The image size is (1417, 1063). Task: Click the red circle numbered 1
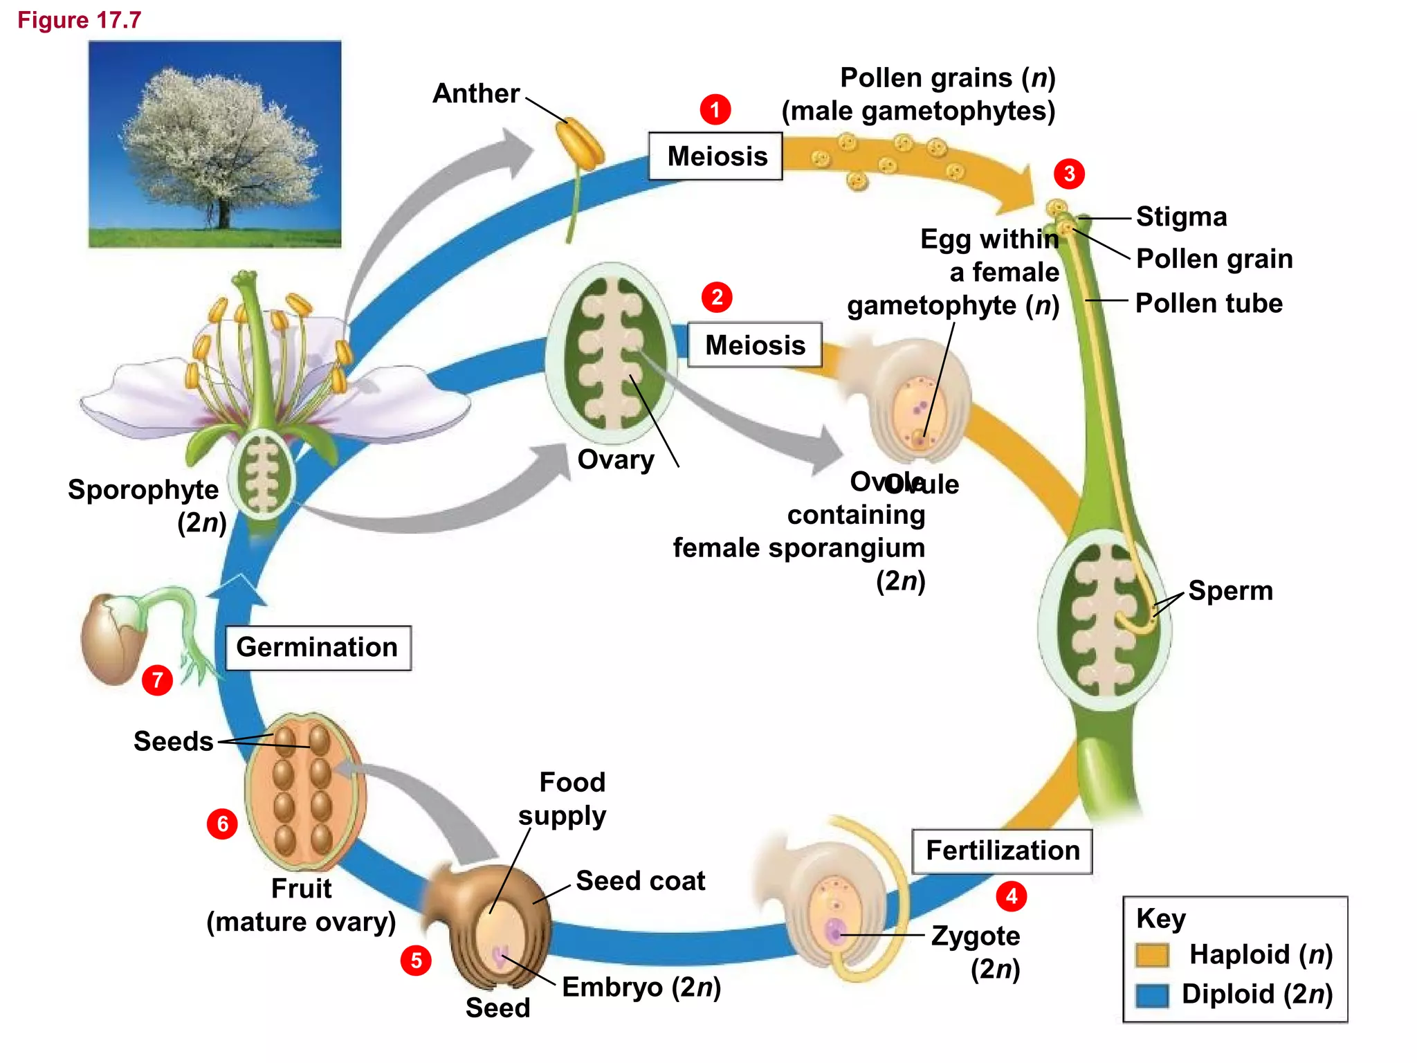tap(715, 109)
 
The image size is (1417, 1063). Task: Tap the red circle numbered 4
tap(1011, 896)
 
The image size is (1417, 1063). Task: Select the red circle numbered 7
tap(157, 680)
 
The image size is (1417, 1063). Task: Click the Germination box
tap(318, 648)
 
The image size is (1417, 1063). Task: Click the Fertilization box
tap(1002, 851)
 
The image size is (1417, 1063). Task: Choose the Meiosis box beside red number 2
tap(754, 345)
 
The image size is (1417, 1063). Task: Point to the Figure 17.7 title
tap(79, 20)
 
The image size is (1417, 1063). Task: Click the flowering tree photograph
tap(214, 144)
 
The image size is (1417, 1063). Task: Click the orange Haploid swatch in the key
tap(1152, 955)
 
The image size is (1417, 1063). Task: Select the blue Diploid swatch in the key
tap(1152, 995)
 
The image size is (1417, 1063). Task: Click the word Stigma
tap(1181, 217)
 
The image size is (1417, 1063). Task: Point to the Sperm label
tap(1230, 591)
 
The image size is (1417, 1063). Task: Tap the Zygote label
tap(975, 936)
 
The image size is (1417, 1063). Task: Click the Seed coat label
tap(640, 881)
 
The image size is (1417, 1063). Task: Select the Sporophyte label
tap(143, 490)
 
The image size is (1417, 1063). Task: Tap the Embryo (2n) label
tap(641, 988)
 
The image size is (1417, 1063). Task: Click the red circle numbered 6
tap(222, 824)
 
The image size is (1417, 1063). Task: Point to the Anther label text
tap(476, 93)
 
